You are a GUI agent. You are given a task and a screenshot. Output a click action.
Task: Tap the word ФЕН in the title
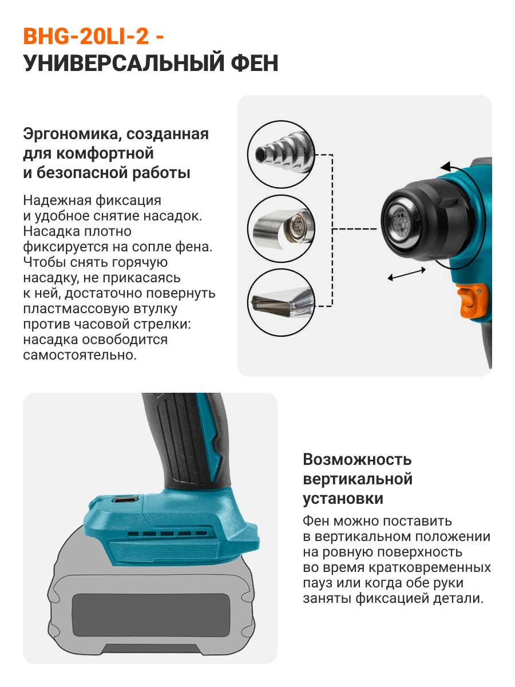(x=255, y=63)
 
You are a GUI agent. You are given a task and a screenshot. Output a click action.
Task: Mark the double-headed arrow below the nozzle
(x=406, y=274)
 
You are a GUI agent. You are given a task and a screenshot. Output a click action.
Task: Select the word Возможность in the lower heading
(x=356, y=460)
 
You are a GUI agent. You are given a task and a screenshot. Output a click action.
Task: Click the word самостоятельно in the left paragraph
(x=80, y=355)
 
